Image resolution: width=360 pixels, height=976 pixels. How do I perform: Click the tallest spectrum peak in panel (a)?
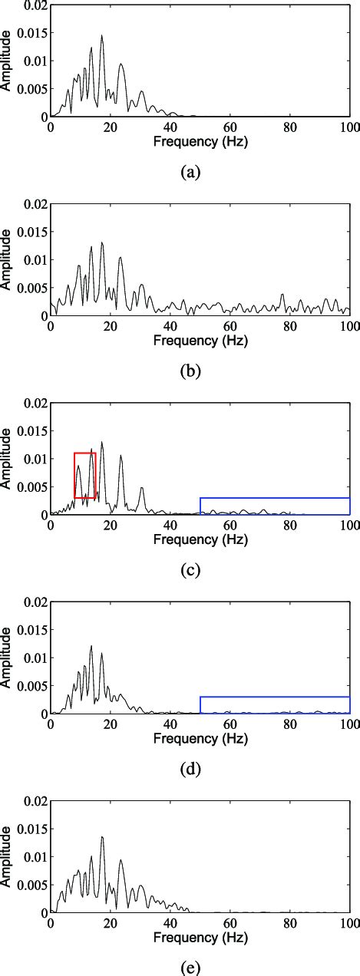pos(101,35)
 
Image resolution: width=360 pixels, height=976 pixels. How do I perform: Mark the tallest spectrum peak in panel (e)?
pos(101,837)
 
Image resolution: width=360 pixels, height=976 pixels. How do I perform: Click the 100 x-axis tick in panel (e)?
pos(349,925)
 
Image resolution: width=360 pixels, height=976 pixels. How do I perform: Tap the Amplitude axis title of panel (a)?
pos(7,61)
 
